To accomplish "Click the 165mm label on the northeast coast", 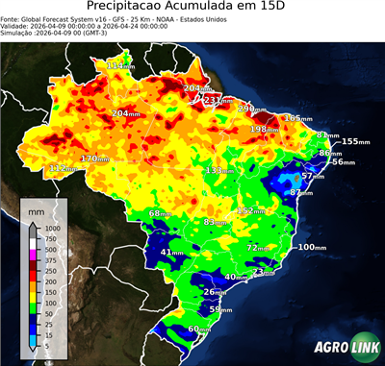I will click(x=295, y=118).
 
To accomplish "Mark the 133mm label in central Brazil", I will click(x=217, y=170).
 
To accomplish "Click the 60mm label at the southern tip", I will click(x=198, y=329).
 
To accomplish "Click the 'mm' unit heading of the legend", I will click(x=36, y=208).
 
